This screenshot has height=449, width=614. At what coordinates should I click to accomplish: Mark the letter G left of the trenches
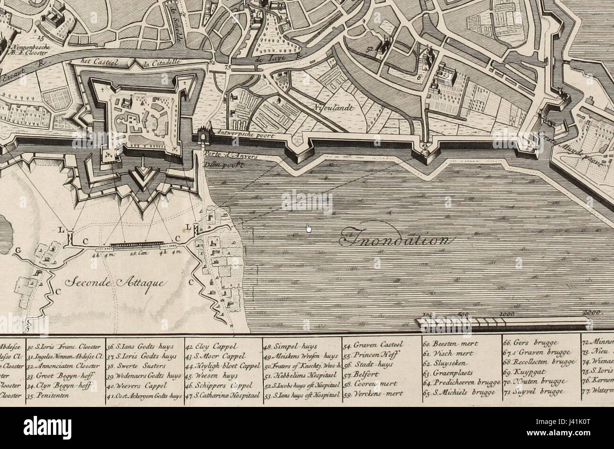tap(18, 250)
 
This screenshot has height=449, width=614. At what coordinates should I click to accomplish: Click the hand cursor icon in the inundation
tap(308, 228)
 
